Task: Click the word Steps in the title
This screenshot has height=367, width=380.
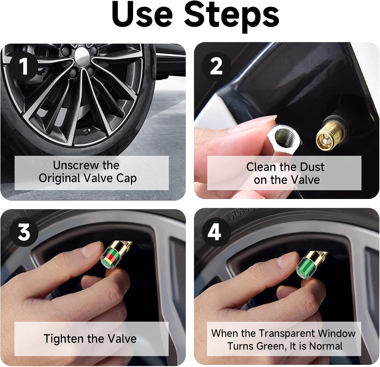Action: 231,16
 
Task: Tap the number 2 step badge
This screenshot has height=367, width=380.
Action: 216,66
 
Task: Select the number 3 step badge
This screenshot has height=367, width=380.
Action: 24,232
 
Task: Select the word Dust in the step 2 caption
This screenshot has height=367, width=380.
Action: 312,167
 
